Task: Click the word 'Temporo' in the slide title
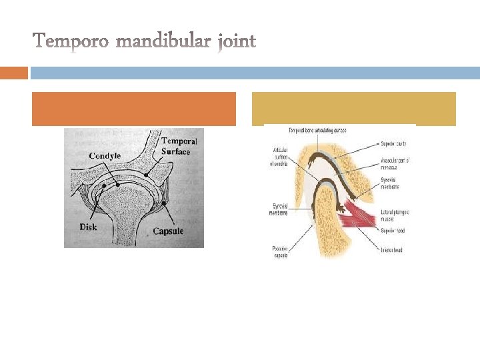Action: [x=71, y=42]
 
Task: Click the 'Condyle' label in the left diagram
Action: [x=105, y=156]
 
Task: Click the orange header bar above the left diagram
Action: [x=133, y=109]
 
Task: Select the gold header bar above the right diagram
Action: [x=353, y=108]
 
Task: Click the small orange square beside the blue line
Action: [x=14, y=73]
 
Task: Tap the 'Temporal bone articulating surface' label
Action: [x=317, y=129]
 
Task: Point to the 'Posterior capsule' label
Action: [x=280, y=251]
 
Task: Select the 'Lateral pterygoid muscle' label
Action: [x=394, y=215]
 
